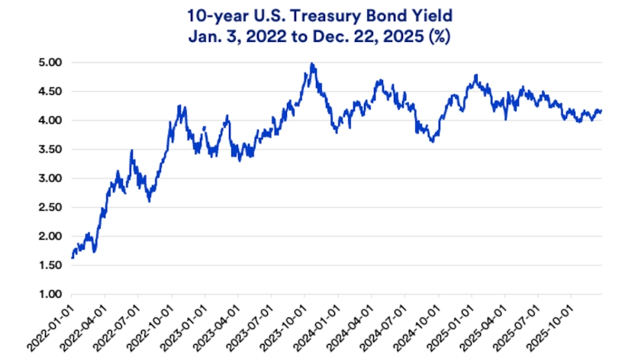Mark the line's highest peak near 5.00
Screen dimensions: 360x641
(x=311, y=64)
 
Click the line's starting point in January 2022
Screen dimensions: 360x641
(x=72, y=257)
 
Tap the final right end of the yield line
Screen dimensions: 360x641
(x=601, y=111)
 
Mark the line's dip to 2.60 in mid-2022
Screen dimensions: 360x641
(x=149, y=201)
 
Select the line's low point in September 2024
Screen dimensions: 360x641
(x=433, y=141)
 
